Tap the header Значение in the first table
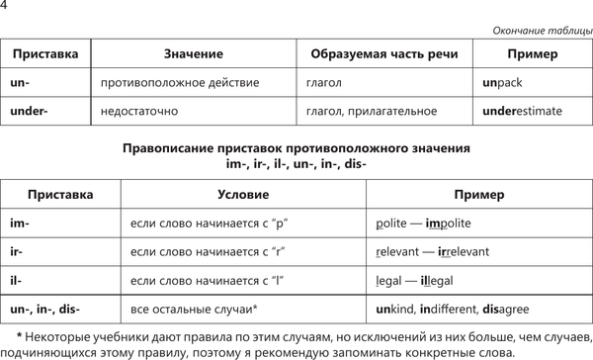pyautogui.click(x=191, y=53)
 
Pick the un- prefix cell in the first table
pyautogui.click(x=22, y=83)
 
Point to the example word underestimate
pyautogui.click(x=522, y=112)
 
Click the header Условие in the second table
pyautogui.click(x=242, y=194)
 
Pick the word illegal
pyautogui.click(x=436, y=281)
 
